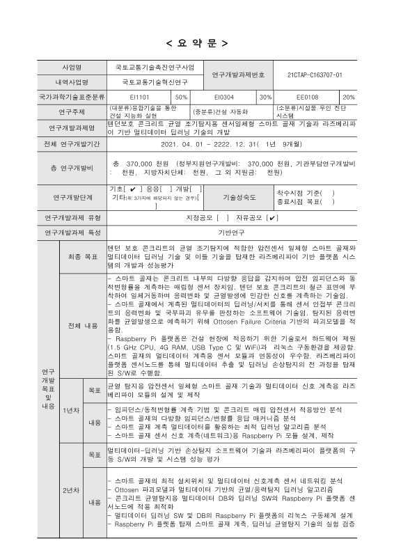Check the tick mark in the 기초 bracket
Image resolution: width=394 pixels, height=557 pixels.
[x=133, y=189]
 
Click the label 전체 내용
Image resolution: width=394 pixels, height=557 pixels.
[x=82, y=325]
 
